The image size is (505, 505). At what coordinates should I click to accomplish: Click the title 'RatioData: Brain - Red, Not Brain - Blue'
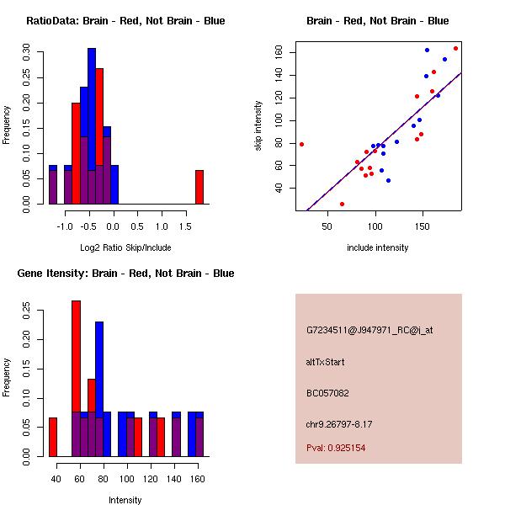click(125, 21)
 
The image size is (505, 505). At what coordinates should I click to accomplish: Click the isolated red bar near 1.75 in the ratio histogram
click(199, 187)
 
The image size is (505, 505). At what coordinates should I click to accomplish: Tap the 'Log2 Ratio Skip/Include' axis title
click(125, 247)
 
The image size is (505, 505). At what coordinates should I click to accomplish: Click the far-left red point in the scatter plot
click(301, 144)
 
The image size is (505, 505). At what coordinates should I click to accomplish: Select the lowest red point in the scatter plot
click(342, 204)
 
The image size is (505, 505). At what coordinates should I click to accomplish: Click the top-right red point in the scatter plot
click(455, 48)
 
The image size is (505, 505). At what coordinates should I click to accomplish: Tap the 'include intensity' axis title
click(378, 247)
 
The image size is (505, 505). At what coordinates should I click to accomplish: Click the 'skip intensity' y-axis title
click(259, 126)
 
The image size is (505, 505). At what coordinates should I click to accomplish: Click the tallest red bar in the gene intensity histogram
click(76, 378)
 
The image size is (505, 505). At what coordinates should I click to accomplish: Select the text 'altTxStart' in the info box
click(325, 362)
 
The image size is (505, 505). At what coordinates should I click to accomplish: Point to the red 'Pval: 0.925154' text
click(348, 448)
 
